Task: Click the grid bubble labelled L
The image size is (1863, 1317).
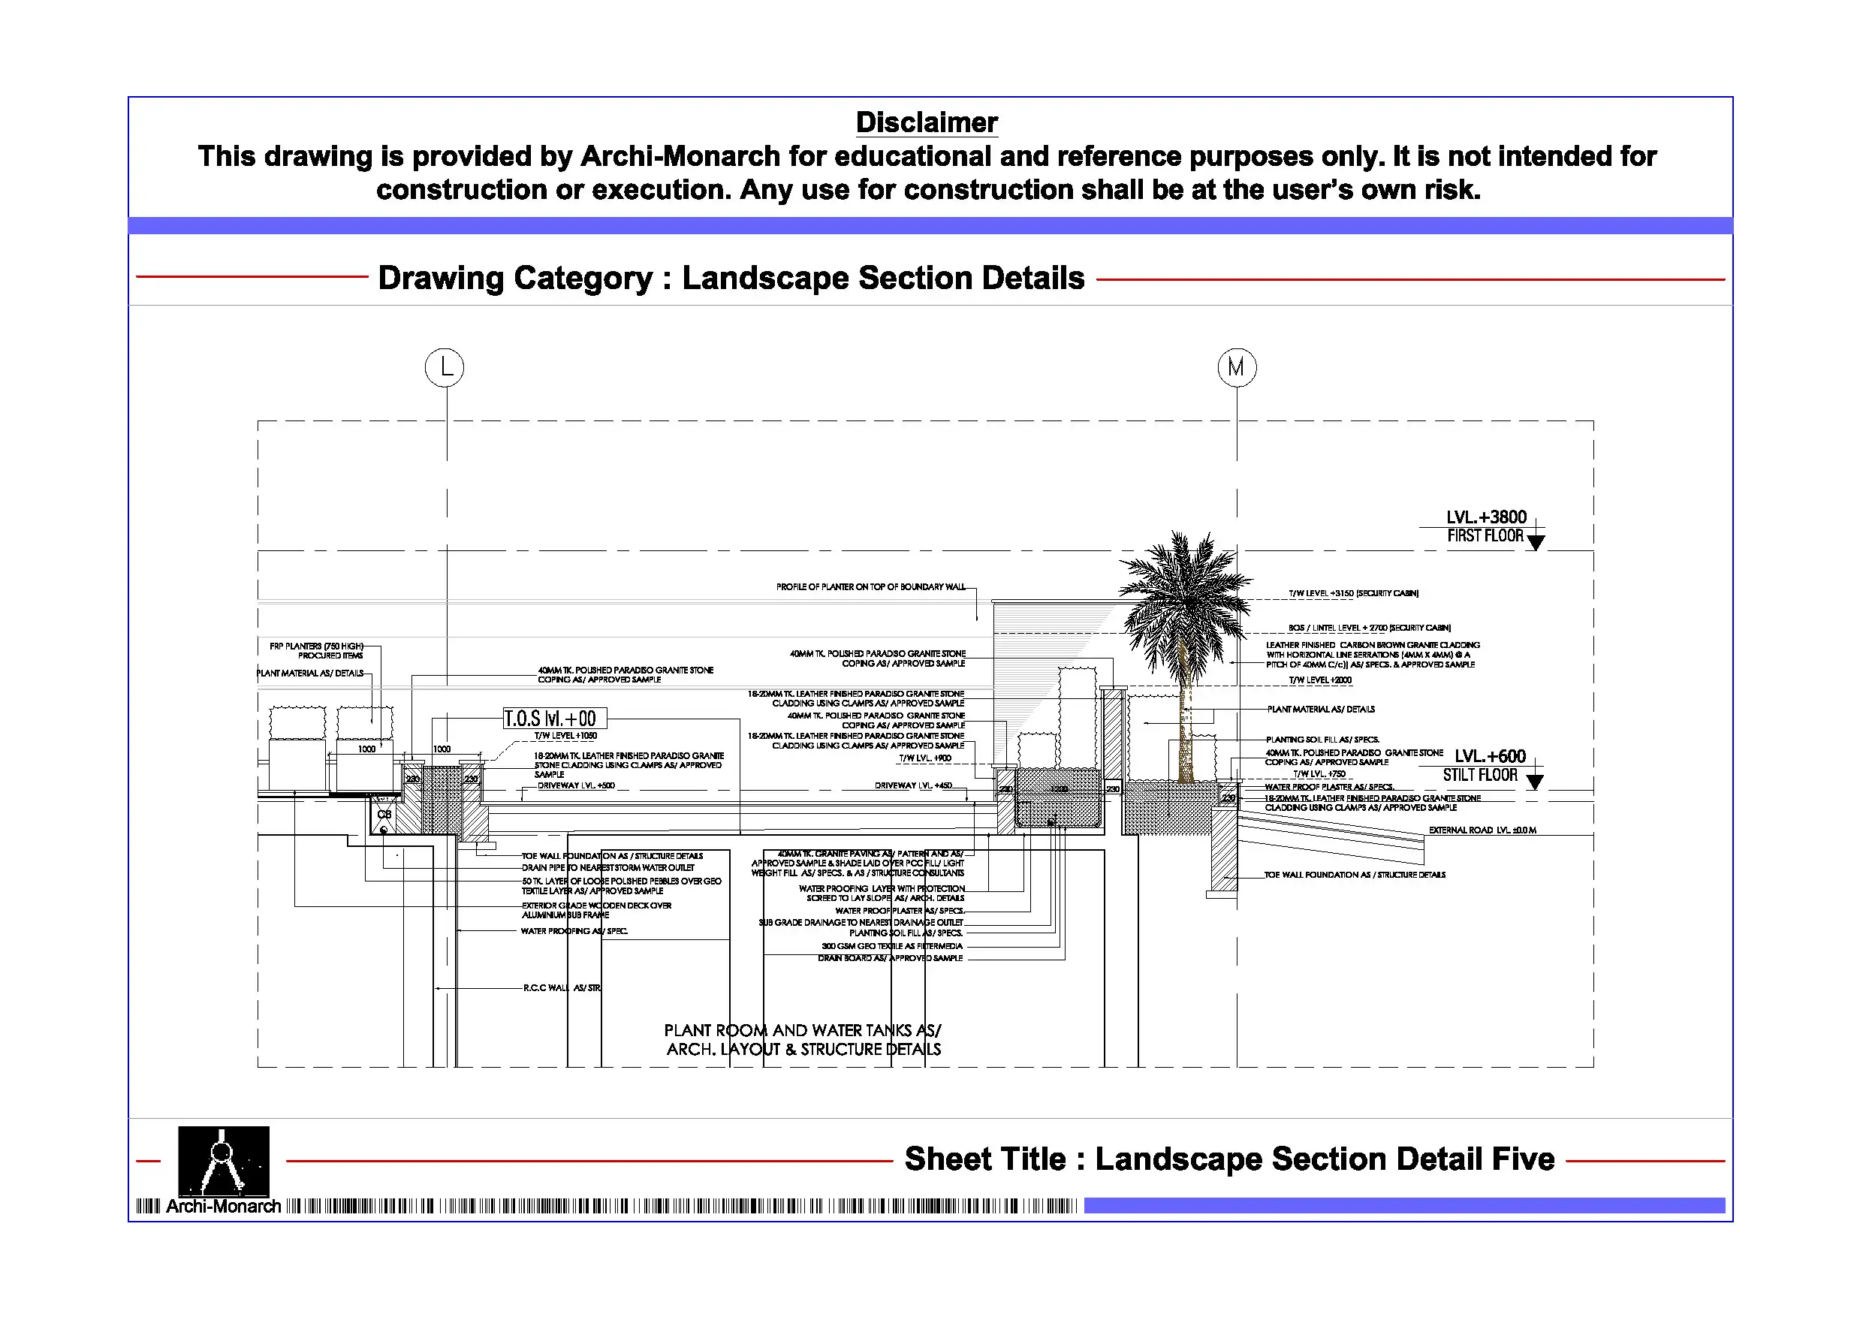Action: click(x=445, y=368)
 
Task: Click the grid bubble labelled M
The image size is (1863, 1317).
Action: click(x=1237, y=368)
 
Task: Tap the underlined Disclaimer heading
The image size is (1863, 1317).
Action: click(x=927, y=122)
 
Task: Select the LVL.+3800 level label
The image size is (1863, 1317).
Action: click(x=1486, y=517)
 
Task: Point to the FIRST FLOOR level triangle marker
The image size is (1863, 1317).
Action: click(x=1535, y=542)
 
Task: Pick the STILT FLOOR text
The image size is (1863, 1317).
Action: click(x=1479, y=775)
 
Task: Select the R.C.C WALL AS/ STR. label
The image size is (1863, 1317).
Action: click(x=562, y=987)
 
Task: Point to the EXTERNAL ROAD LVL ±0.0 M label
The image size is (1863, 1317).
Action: click(x=1482, y=830)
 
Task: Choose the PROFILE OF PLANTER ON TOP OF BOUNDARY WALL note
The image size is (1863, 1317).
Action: click(x=870, y=586)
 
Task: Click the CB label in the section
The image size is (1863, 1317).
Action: click(x=384, y=814)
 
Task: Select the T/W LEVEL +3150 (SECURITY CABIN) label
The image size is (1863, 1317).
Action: click(x=1352, y=593)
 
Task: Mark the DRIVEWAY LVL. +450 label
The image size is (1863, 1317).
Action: click(x=913, y=785)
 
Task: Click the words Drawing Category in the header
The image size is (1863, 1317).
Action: click(x=515, y=278)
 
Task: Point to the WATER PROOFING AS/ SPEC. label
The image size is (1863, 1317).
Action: click(x=574, y=931)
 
